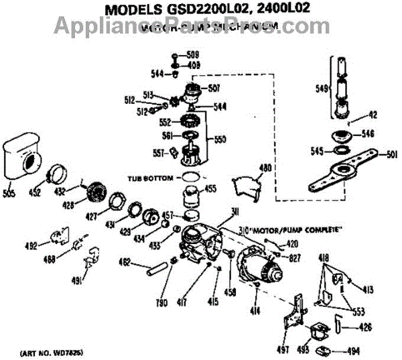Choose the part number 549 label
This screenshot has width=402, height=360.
[321, 87]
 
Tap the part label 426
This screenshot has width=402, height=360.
[366, 327]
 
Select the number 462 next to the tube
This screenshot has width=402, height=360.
[125, 261]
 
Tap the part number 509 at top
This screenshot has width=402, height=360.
[193, 54]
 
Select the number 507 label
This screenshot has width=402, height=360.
[214, 87]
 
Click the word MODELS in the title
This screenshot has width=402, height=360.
[127, 9]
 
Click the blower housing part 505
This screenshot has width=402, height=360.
[23, 158]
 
